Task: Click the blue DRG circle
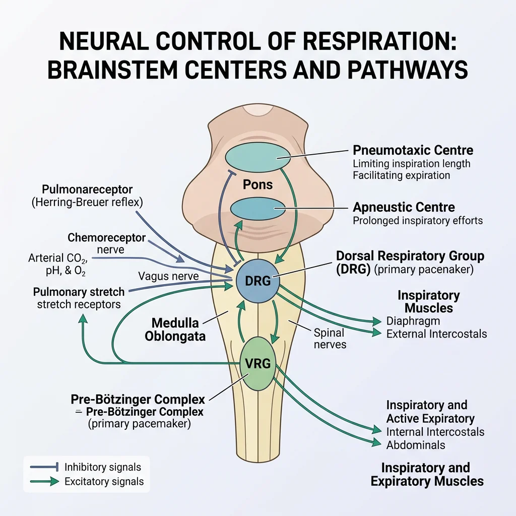coord(257,281)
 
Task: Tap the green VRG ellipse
coord(258,363)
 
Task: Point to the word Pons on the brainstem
coord(257,184)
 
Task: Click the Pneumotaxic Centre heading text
coord(413,150)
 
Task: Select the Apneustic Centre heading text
coord(404,207)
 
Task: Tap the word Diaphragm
coord(413,321)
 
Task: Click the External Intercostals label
coord(436,334)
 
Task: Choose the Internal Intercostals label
coord(435,432)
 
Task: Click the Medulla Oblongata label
coord(175,329)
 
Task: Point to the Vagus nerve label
coord(168,276)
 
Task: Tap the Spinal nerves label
coord(330,339)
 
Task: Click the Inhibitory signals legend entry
coord(103,467)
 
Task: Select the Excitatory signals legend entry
coord(104,482)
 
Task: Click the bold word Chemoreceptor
coord(106,237)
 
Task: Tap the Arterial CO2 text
coord(57,259)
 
